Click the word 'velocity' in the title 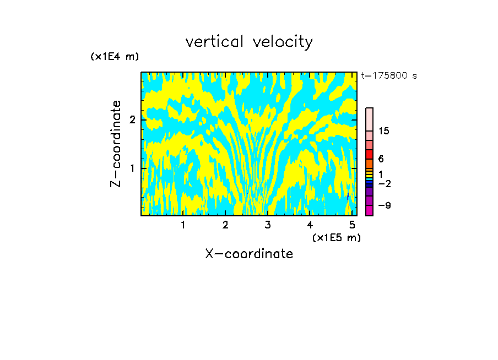pos(283,42)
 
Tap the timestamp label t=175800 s pos(388,76)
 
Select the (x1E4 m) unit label pos(115,57)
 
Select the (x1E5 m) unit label pos(336,237)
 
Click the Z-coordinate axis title pos(116,144)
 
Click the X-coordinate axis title pos(249,254)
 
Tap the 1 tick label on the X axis pos(183,225)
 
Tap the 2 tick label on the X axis pos(225,225)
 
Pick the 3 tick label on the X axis pos(268,225)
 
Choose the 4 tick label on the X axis pos(310,225)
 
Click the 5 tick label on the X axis pos(352,225)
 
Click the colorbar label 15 pos(384,131)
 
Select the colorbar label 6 pos(381,159)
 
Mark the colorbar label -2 pos(384,184)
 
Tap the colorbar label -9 pos(384,206)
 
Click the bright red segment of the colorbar pos(369,154)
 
